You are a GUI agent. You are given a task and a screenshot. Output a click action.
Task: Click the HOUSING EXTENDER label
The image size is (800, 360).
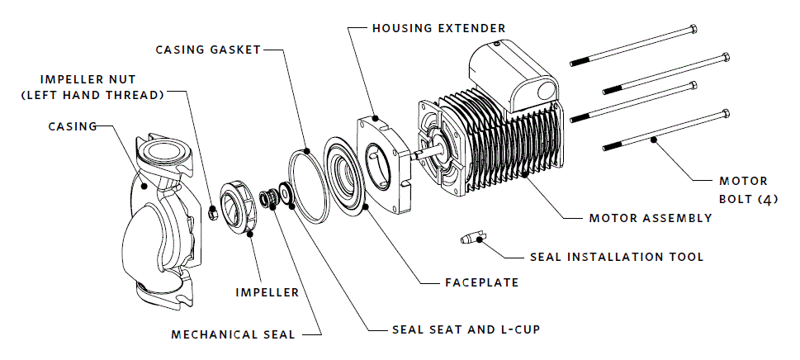pyautogui.click(x=438, y=28)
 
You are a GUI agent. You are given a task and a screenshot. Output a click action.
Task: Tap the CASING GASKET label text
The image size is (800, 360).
pyautogui.click(x=208, y=50)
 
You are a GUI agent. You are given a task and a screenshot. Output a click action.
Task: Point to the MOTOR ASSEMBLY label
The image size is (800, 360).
pyautogui.click(x=650, y=219)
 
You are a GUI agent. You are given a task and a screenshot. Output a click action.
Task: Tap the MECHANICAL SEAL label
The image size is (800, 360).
pyautogui.click(x=233, y=335)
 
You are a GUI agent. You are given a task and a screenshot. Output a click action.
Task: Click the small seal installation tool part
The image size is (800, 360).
pyautogui.click(x=468, y=240)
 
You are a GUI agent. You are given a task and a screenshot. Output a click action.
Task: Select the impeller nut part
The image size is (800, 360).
pyautogui.click(x=211, y=213)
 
